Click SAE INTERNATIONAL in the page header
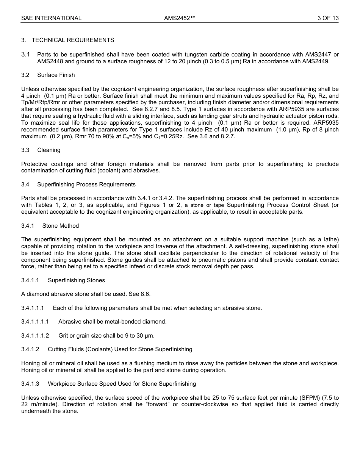(51, 18)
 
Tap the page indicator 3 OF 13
(328, 18)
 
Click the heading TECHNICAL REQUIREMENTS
(73, 40)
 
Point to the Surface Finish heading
(56, 75)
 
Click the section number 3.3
(25, 150)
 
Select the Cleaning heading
(49, 150)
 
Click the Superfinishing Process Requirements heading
(86, 185)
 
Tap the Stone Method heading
(61, 226)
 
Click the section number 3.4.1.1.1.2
(35, 336)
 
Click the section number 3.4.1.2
(30, 349)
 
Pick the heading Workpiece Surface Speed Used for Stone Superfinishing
(122, 384)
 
